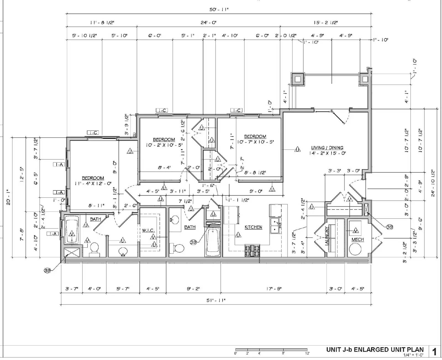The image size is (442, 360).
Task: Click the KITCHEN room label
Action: click(x=253, y=227)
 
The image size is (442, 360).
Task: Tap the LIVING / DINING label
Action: click(x=327, y=148)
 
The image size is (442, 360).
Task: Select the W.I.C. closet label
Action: click(x=148, y=230)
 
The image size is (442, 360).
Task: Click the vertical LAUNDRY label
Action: click(x=327, y=236)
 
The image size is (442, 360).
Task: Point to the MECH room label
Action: click(x=357, y=240)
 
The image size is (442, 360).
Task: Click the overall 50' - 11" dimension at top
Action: click(x=219, y=9)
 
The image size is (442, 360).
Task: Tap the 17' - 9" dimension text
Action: click(x=274, y=289)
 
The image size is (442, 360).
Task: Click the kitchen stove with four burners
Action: click(x=252, y=251)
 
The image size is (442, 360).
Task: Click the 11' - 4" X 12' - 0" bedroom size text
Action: click(x=93, y=183)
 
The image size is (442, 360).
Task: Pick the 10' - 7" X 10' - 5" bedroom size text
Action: click(x=255, y=142)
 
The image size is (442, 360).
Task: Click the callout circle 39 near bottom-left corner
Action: click(x=48, y=271)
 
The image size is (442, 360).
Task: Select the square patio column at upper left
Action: click(x=298, y=79)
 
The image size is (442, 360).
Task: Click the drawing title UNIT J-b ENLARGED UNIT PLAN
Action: click(x=375, y=349)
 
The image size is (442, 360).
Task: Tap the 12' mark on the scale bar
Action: click(x=307, y=353)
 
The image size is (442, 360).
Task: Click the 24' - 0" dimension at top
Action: click(x=208, y=22)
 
